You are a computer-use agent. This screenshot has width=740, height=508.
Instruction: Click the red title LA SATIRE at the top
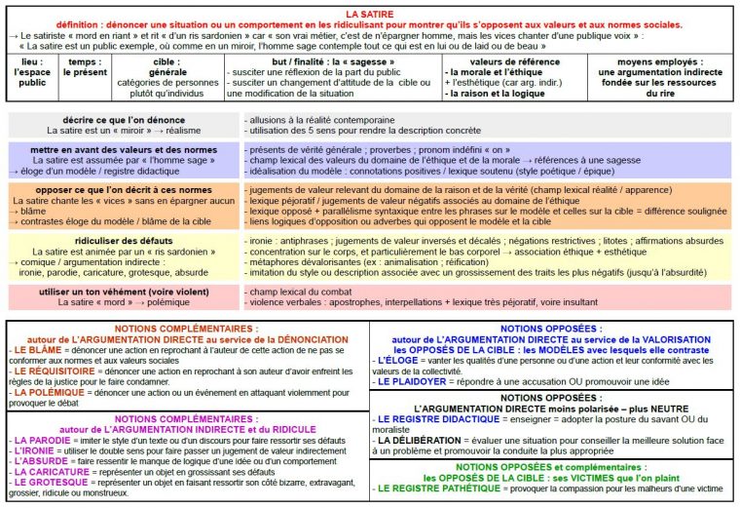pyautogui.click(x=370, y=13)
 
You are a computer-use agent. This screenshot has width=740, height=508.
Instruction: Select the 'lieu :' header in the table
pyautogui.click(x=32, y=59)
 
